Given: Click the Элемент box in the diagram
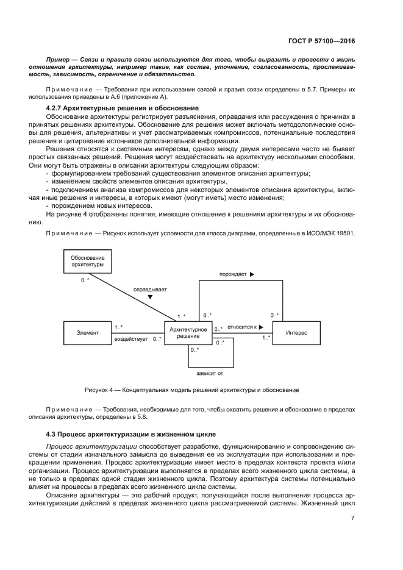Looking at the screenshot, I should coord(87,333).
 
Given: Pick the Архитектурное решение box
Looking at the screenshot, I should coord(188,333).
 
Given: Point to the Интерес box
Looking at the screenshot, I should coord(296,333).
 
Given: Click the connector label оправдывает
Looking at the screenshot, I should coord(150,290).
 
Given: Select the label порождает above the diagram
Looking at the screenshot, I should coord(233,275).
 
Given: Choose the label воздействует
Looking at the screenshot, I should coord(130,339).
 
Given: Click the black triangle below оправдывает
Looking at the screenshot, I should coord(150,298).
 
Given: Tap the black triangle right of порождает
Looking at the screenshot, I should coord(252,275).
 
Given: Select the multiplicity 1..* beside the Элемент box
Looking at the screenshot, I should coord(118,327).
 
